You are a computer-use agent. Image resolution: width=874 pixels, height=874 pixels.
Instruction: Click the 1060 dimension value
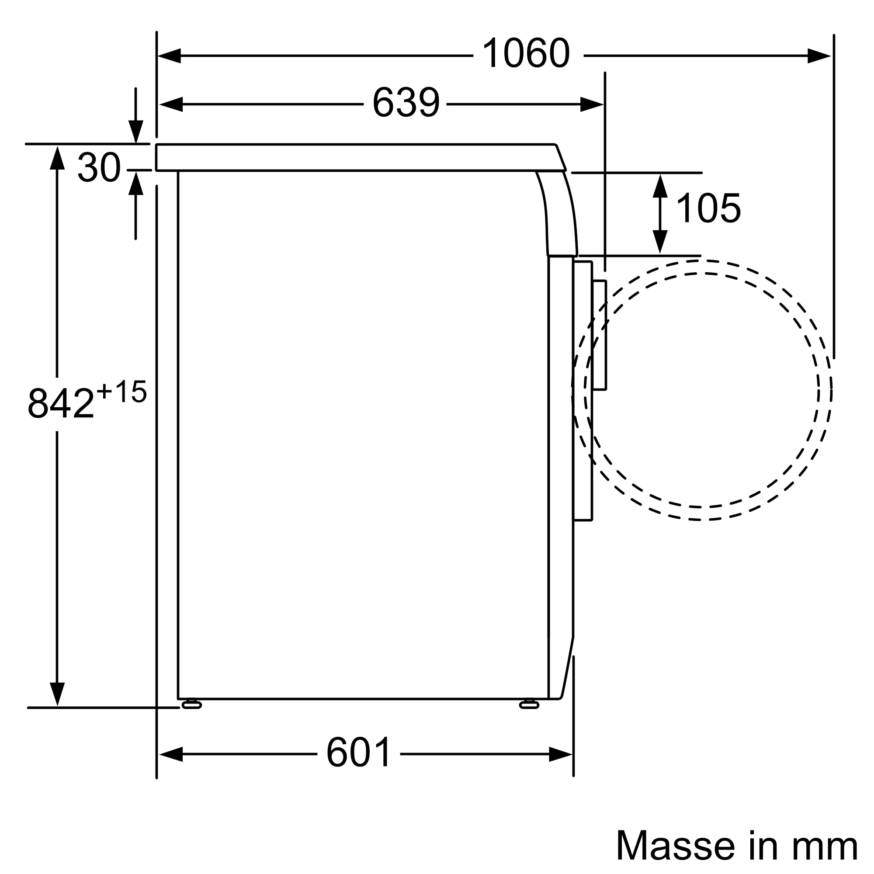tap(526, 54)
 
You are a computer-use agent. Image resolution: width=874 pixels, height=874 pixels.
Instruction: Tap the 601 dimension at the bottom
tap(359, 753)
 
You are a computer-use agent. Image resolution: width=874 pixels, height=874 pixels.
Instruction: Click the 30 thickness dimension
tap(99, 167)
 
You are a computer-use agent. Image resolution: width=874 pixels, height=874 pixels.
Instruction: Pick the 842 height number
tap(61, 403)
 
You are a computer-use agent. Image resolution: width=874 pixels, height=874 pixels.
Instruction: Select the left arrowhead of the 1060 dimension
tap(169, 55)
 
